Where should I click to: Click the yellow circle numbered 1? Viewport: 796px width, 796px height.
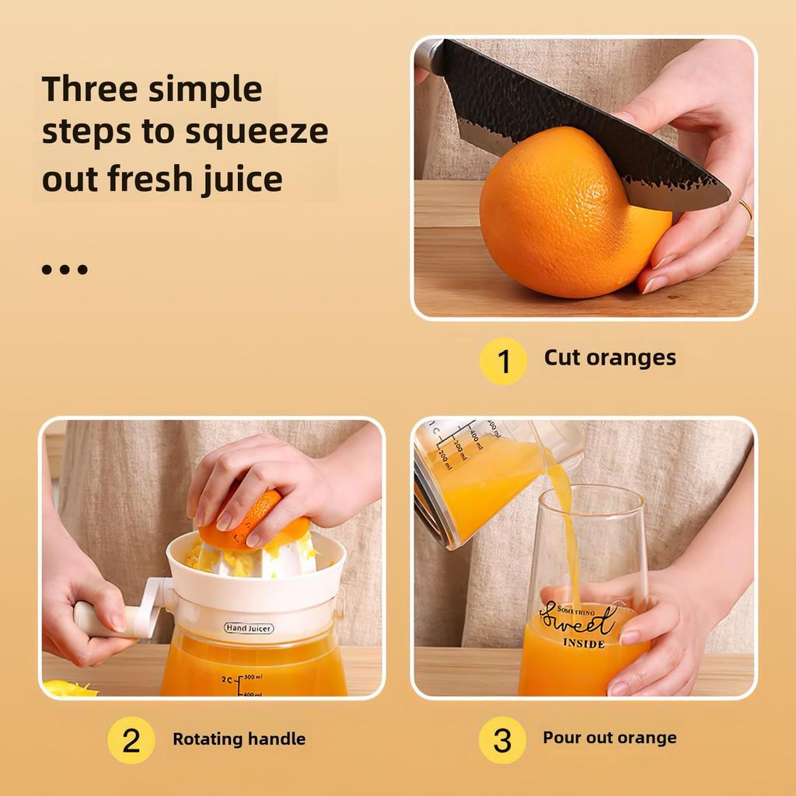pos(503,361)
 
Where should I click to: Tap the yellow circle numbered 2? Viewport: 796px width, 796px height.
pos(131,740)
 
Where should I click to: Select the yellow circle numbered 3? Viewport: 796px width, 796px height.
pos(502,740)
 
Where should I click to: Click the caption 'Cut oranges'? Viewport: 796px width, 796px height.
pos(609,358)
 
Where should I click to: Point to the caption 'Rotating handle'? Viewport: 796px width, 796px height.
pos(239,738)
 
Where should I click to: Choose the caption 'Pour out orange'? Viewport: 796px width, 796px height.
pos(609,738)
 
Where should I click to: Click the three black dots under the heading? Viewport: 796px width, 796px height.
pos(65,270)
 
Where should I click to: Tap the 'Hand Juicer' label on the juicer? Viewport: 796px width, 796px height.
pos(249,627)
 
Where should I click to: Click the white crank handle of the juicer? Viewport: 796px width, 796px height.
pos(109,618)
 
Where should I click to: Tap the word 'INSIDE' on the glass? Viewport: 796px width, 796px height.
pos(584,644)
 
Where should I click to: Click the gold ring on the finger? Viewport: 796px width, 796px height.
pos(745,209)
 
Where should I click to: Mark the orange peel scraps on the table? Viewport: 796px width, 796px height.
pos(68,689)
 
